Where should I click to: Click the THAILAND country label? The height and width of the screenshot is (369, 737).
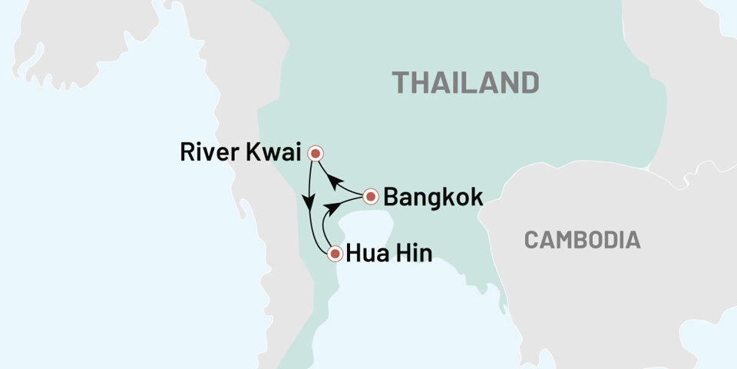(464, 81)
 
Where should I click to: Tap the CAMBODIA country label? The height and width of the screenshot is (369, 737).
(582, 240)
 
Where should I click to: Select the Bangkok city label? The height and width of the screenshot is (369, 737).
(433, 198)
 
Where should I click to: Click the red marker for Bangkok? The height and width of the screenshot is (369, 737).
(370, 197)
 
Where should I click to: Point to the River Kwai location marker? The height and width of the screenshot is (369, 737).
(314, 154)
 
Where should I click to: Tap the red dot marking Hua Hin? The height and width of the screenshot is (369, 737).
(334, 253)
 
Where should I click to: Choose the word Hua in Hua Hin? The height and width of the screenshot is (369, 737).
(366, 253)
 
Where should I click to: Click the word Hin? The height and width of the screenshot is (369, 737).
(413, 253)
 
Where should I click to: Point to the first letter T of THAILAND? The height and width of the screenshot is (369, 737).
(400, 81)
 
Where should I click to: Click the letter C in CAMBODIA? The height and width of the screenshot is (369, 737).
(531, 240)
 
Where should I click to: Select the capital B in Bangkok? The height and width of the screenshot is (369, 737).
(391, 198)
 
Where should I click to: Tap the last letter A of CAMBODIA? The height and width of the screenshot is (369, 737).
(633, 240)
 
